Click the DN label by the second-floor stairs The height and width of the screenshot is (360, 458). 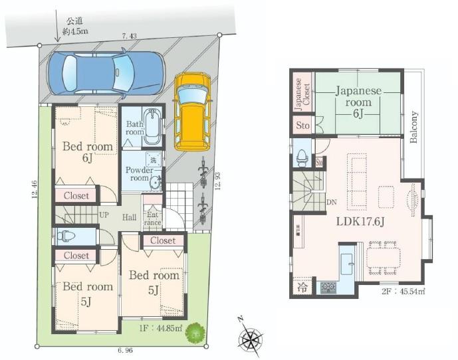(330, 203)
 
